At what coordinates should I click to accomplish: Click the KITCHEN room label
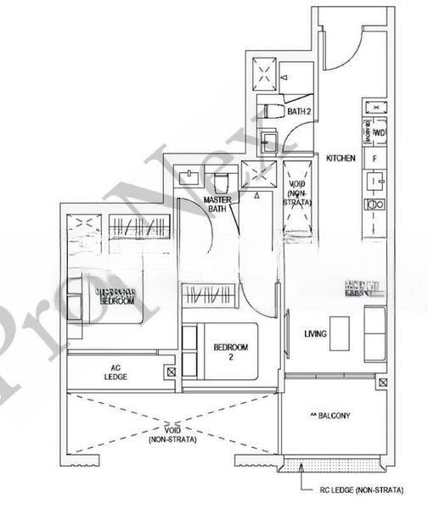point(340,158)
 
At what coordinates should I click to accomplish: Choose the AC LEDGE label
point(116,372)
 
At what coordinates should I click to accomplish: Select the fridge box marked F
point(374,157)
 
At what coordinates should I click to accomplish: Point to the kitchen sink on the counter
point(374,180)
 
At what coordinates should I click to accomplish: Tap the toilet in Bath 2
point(273,112)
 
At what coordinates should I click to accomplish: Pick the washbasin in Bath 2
point(269,139)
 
